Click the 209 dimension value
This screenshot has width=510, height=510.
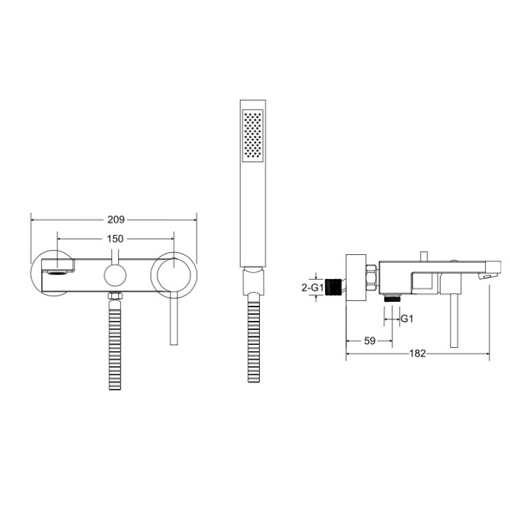point(115,220)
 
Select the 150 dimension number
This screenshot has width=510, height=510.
point(115,239)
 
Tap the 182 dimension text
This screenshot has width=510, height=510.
point(418,354)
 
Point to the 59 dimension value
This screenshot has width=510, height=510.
point(369,341)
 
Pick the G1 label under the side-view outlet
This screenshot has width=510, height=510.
point(407,319)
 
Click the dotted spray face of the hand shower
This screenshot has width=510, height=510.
point(252,135)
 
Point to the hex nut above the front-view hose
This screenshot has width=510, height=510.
point(114,295)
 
